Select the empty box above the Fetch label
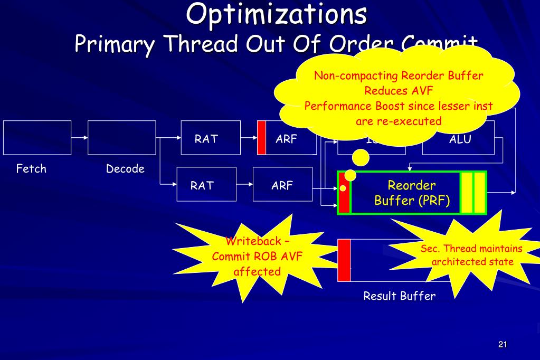pyautogui.click(x=37, y=137)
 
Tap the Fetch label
pyautogui.click(x=31, y=169)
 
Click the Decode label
pyautogui.click(x=125, y=169)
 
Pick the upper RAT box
pyautogui.click(x=206, y=138)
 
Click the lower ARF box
pyautogui.click(x=283, y=184)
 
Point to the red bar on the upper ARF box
pyautogui.click(x=261, y=138)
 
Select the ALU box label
pyautogui.click(x=460, y=140)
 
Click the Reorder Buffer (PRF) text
pyautogui.click(x=412, y=193)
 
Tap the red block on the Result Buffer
pyautogui.click(x=344, y=260)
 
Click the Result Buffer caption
pyautogui.click(x=400, y=296)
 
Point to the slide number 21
pyautogui.click(x=502, y=345)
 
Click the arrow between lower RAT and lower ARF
pyautogui.click(x=244, y=184)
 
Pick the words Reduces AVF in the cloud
pyautogui.click(x=399, y=90)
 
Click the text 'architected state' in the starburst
pyautogui.click(x=471, y=262)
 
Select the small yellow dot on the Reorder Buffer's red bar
pyautogui.click(x=343, y=188)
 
